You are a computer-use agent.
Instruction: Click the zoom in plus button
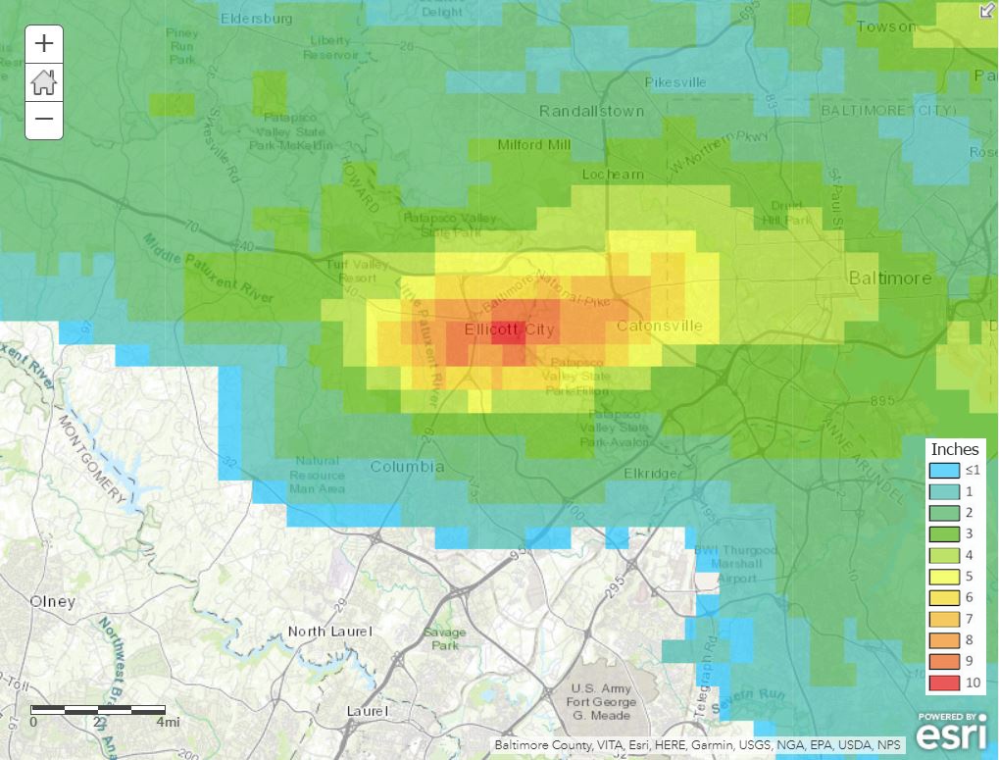click(44, 44)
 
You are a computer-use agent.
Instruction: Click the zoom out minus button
click(44, 120)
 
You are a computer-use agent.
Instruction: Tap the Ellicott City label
click(509, 329)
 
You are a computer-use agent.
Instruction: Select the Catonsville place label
click(659, 326)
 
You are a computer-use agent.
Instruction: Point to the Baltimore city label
click(889, 279)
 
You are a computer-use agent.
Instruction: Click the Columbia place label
click(407, 467)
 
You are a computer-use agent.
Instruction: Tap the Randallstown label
click(592, 111)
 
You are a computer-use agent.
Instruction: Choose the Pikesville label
click(674, 82)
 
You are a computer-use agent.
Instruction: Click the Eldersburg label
click(256, 18)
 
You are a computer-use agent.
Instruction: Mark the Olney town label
click(52, 601)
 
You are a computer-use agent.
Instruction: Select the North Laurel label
click(330, 632)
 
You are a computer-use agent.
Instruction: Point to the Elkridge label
click(650, 474)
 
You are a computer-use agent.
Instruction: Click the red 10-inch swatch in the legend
click(944, 683)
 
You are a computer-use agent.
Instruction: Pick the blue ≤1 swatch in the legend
click(944, 471)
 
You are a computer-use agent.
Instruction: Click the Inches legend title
click(954, 449)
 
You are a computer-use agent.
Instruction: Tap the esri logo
click(950, 735)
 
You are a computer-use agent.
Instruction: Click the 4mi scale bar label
click(168, 723)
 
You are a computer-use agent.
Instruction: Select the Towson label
click(885, 26)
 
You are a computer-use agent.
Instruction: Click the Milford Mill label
click(533, 145)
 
